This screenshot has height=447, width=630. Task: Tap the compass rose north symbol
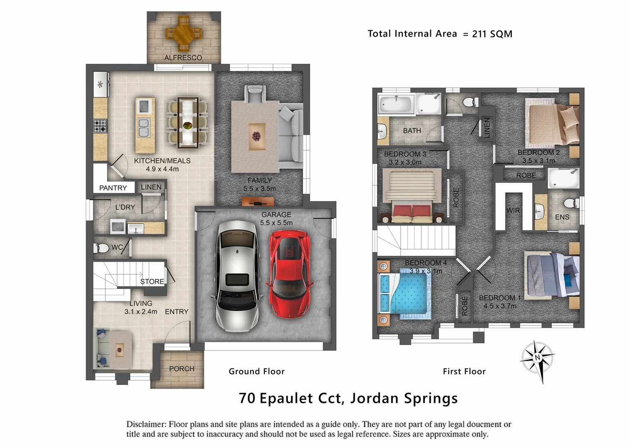(537, 358)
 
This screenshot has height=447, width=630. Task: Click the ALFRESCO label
(183, 58)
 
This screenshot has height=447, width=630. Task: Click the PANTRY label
(113, 188)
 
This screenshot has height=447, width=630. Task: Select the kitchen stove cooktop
(100, 125)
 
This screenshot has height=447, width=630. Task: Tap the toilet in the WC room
(101, 248)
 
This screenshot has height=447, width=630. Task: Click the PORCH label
(181, 368)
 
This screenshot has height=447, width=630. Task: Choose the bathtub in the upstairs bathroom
(396, 104)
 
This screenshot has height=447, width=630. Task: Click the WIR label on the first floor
(513, 210)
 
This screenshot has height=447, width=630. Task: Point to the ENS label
(562, 217)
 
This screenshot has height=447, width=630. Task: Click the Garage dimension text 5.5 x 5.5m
(276, 223)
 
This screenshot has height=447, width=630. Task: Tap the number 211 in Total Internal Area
(479, 34)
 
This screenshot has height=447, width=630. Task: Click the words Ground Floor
(257, 371)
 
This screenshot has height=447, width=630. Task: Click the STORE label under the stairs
(152, 281)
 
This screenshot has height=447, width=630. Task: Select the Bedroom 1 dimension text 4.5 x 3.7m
(500, 306)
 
